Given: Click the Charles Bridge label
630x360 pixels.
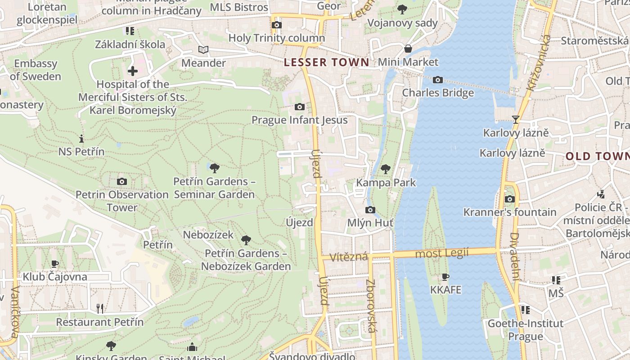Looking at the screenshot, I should (438, 93).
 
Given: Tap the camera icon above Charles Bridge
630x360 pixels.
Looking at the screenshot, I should (437, 80).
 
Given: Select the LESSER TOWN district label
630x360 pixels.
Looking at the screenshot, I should (327, 63).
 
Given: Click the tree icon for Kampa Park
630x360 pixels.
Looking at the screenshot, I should (385, 169).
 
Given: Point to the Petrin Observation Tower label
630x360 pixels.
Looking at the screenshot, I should (122, 201).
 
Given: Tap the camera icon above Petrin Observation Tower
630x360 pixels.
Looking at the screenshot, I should (121, 182).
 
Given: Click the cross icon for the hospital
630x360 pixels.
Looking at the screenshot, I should (133, 71).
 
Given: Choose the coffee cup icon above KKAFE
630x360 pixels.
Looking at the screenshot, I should (445, 277).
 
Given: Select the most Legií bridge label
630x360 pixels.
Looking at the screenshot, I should (441, 253).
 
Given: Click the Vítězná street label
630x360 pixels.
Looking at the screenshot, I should (349, 257).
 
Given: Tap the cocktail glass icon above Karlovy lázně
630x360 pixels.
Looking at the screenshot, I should (516, 120).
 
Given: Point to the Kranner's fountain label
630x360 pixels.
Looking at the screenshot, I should (510, 212).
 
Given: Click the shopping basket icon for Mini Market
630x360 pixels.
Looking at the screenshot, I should (408, 49).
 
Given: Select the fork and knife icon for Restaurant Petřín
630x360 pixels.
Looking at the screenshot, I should (100, 309).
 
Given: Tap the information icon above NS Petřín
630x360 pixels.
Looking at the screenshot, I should (81, 139).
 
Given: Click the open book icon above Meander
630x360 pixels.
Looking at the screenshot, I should (203, 50).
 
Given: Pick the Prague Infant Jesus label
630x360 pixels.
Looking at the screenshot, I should (299, 120).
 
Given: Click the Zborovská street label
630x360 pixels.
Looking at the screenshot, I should (371, 306).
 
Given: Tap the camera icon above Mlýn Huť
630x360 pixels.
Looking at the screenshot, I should (370, 210).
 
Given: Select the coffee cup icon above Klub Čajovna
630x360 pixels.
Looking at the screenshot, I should (55, 264).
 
